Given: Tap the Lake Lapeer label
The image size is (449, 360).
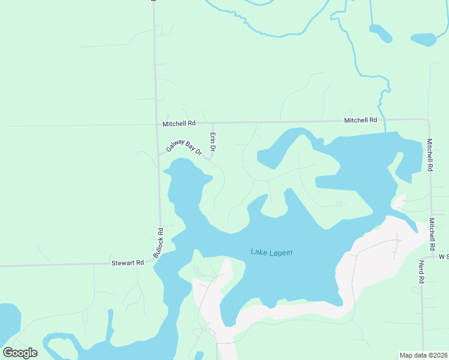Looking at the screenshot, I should click(x=271, y=252).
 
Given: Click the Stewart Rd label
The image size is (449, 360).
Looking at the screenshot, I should click(x=128, y=263).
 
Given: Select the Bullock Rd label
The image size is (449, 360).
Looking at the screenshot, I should click(x=158, y=243).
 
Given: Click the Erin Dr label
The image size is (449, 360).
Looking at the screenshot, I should click(x=212, y=142).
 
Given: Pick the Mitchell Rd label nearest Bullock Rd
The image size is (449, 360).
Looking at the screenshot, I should click(x=179, y=124).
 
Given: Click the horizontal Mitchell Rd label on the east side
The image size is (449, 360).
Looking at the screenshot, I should click(x=360, y=121).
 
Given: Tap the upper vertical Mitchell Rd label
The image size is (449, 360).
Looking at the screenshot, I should click(x=430, y=155).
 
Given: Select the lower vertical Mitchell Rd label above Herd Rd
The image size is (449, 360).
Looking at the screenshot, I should click(x=432, y=234).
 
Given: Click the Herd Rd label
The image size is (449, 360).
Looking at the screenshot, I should click(x=421, y=272).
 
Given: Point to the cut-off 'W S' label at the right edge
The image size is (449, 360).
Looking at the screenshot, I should click(x=443, y=257).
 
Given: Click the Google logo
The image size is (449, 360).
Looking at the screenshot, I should click(x=20, y=353).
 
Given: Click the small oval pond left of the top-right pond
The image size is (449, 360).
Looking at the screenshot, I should click(x=381, y=33).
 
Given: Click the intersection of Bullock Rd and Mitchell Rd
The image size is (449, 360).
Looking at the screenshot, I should click(x=157, y=125).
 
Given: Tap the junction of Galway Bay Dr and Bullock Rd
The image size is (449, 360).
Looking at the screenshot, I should click(x=159, y=154).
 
